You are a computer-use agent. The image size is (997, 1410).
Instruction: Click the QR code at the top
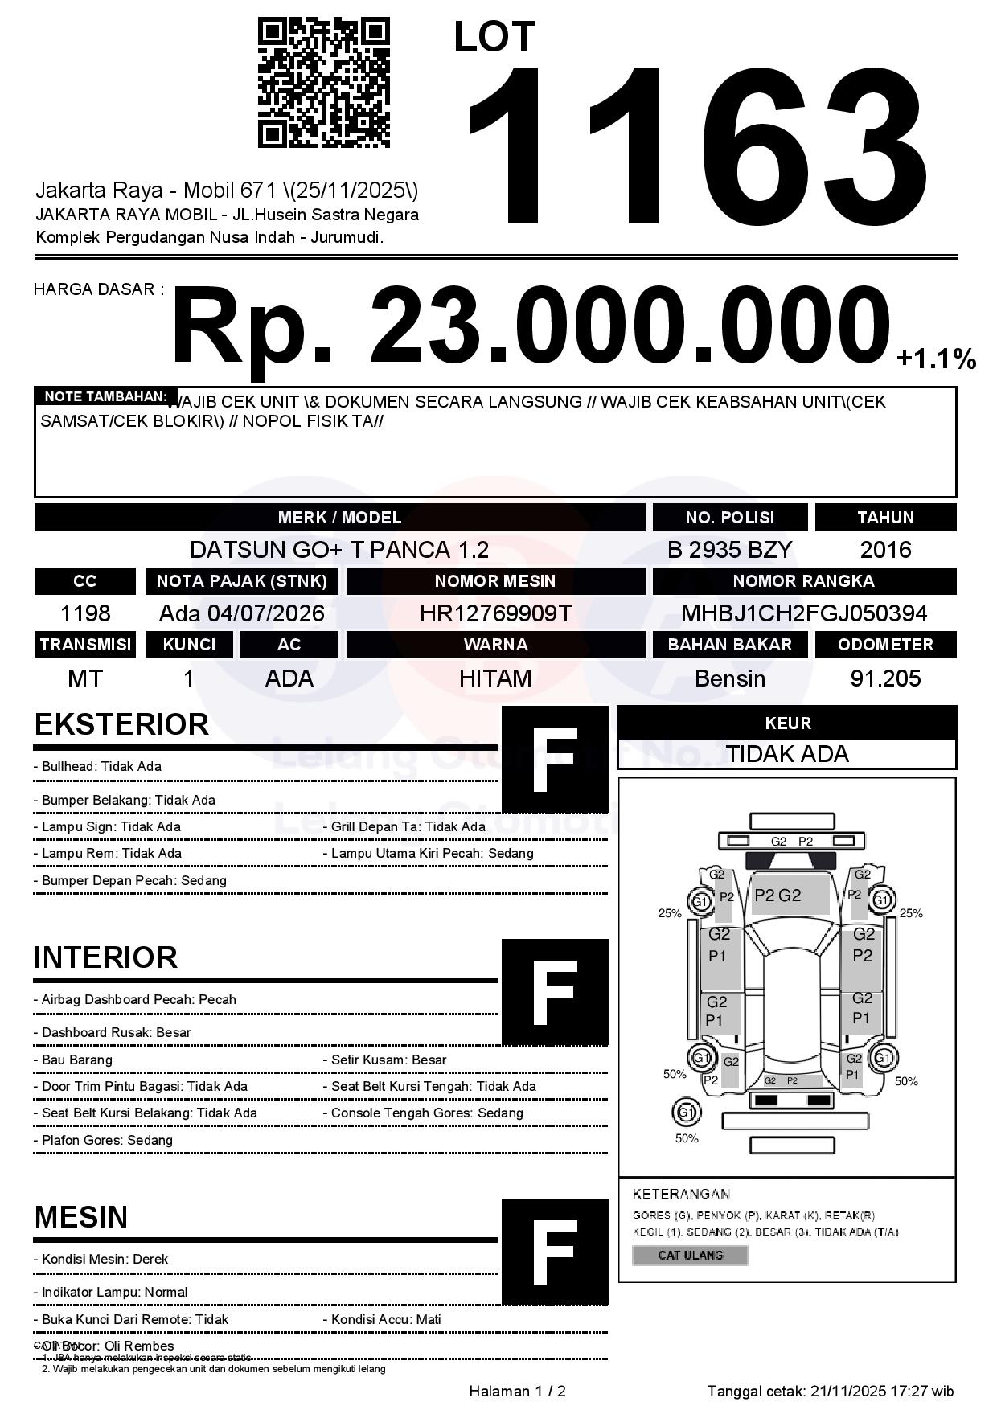pos(323,84)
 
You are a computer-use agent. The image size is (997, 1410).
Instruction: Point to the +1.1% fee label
pos(936,359)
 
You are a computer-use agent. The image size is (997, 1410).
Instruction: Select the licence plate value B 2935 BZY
pos(729,550)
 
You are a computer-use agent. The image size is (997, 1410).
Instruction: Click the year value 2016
pos(885,550)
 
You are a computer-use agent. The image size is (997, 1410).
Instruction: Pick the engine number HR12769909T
pos(495,614)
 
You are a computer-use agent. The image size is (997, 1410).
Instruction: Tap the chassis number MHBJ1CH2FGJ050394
pos(804,614)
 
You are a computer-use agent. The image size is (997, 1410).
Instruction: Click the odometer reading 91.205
pos(885,678)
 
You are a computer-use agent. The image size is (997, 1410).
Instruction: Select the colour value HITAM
pos(495,678)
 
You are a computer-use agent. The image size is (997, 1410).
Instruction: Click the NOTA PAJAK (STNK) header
pos(242,581)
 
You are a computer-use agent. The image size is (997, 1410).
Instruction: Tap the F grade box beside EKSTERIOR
pos(555,759)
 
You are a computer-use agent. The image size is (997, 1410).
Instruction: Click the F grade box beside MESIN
pos(555,1251)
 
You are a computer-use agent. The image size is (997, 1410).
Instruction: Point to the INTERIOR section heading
pos(105,957)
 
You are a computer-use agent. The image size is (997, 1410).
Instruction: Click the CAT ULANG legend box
pos(690,1255)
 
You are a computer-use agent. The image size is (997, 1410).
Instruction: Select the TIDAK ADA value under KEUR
pos(787,754)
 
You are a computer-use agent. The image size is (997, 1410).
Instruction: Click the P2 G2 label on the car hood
pos(777,896)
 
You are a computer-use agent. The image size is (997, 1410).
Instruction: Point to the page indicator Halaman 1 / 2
pos(517,1392)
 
